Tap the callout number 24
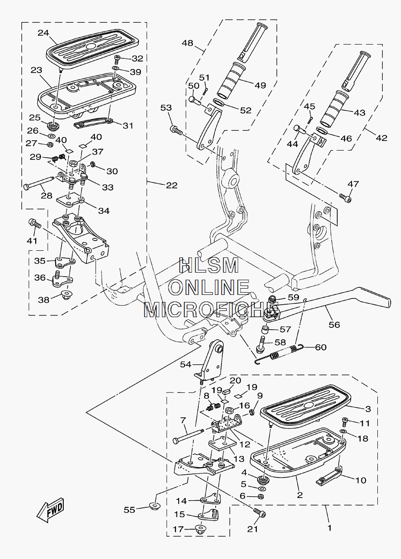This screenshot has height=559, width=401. click(44, 33)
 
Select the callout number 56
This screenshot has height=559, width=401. click(334, 324)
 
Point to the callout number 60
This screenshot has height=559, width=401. click(321, 347)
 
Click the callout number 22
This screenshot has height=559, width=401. click(172, 185)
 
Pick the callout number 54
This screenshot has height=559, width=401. click(185, 364)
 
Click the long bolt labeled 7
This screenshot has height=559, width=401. click(189, 436)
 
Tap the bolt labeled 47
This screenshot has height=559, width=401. click(345, 198)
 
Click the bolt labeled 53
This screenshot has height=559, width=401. click(176, 130)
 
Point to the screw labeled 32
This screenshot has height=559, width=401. click(117, 59)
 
